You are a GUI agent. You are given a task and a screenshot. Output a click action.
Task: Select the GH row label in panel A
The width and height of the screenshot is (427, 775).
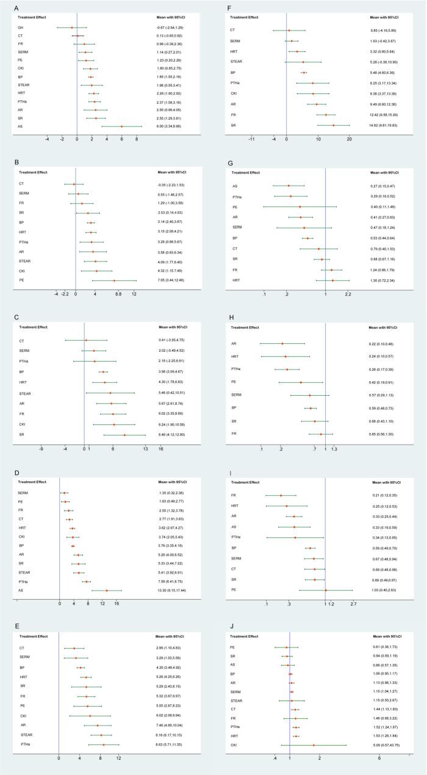(x=20, y=27)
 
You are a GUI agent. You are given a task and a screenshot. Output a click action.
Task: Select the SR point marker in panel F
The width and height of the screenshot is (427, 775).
(x=333, y=125)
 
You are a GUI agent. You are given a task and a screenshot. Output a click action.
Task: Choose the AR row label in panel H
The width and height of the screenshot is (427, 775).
(x=235, y=343)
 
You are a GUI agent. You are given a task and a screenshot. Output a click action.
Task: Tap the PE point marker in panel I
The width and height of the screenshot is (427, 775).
(x=326, y=590)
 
